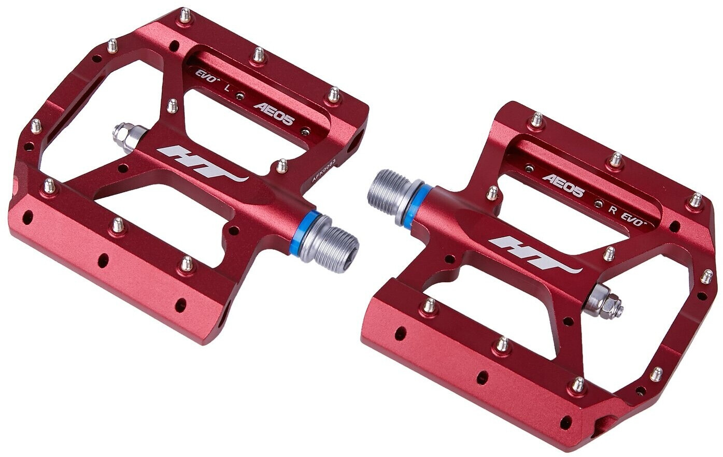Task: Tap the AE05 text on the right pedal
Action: (563, 185)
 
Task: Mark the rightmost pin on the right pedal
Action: (706, 276)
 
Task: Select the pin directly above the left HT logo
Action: (172, 106)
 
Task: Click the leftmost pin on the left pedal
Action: (36, 126)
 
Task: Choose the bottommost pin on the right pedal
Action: (577, 384)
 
